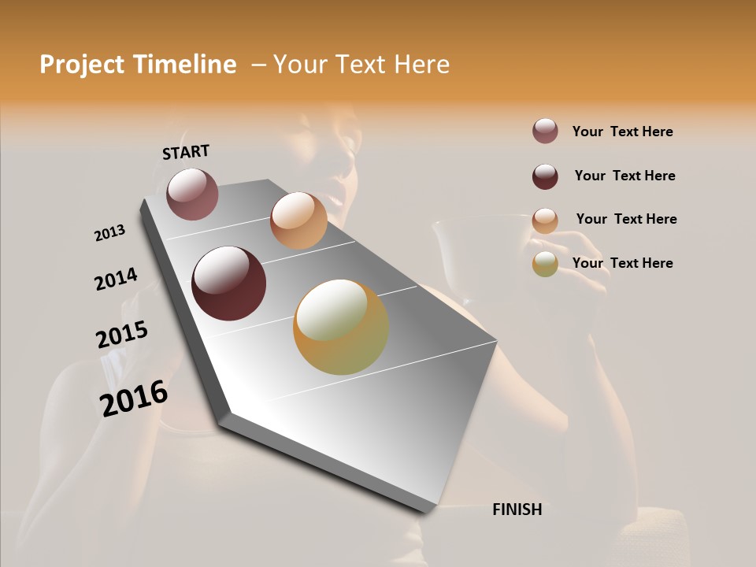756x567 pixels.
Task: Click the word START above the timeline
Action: [x=186, y=152]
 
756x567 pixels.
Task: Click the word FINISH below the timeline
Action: [x=517, y=510]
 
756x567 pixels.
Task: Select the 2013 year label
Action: [x=109, y=233]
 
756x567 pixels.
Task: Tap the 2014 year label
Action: [x=116, y=280]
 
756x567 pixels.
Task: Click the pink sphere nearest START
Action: [x=192, y=194]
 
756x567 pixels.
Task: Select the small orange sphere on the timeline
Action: [x=298, y=220]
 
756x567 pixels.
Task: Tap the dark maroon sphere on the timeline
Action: [x=228, y=283]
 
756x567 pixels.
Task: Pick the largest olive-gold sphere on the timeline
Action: [x=341, y=328]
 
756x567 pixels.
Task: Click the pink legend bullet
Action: [x=545, y=132]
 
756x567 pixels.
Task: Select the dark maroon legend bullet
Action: [x=545, y=176]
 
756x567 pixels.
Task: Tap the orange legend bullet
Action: [x=545, y=220]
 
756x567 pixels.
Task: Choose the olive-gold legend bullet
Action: [x=545, y=265]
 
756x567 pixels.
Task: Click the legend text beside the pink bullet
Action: [x=622, y=132]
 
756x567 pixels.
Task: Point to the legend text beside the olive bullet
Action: [x=622, y=263]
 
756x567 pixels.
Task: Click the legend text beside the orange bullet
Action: [x=626, y=219]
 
